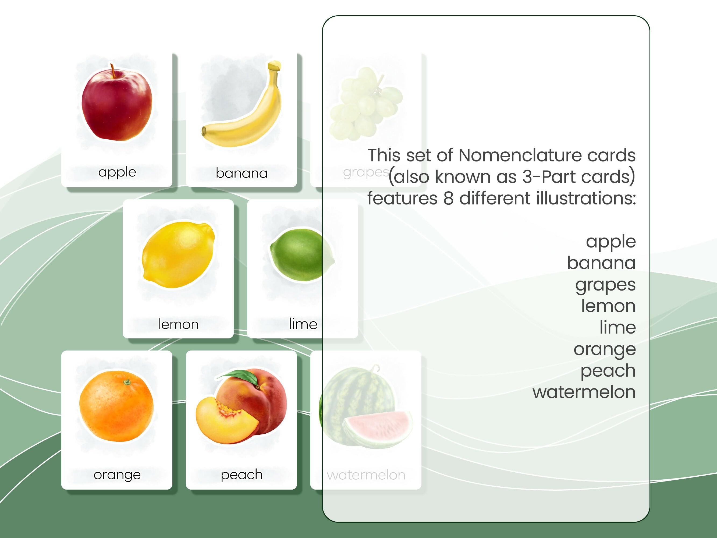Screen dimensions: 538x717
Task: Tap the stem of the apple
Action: pos(112,70)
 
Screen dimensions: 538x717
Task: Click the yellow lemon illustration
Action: pos(178,254)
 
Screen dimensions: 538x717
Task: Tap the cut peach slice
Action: pos(225,422)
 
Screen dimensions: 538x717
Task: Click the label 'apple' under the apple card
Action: pos(117,172)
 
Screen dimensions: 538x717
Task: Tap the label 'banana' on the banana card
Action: pos(242,173)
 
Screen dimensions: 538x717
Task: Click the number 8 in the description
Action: pos(448,199)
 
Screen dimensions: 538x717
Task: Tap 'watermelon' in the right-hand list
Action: pos(584,392)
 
